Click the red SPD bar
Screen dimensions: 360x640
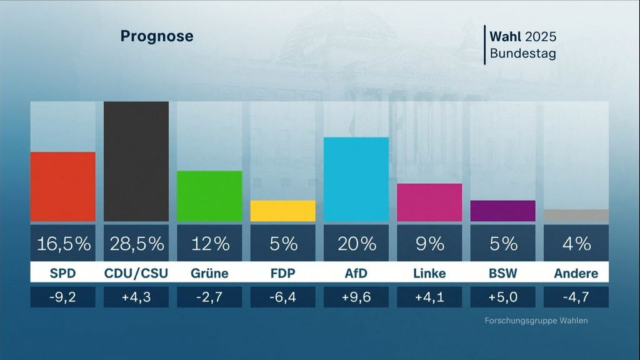pos(63,186)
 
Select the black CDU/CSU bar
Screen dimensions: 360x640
pos(136,161)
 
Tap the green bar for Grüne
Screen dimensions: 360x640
pos(209,196)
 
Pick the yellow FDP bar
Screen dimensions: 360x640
pos(282,211)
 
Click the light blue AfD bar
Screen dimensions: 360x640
pos(356,179)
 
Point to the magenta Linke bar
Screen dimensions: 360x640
pos(429,202)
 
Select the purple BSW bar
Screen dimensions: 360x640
pos(502,211)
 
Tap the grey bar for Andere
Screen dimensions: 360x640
pos(576,215)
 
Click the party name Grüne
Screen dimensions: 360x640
pos(209,273)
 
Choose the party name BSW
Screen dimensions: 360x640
pos(502,273)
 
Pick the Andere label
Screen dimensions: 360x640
pos(576,273)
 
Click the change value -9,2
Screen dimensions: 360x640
pos(63,297)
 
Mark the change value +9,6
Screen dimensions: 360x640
pos(356,297)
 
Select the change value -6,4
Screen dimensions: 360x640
pos(282,297)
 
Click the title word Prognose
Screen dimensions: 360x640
pos(157,36)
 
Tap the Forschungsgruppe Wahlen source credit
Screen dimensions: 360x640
pos(536,321)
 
